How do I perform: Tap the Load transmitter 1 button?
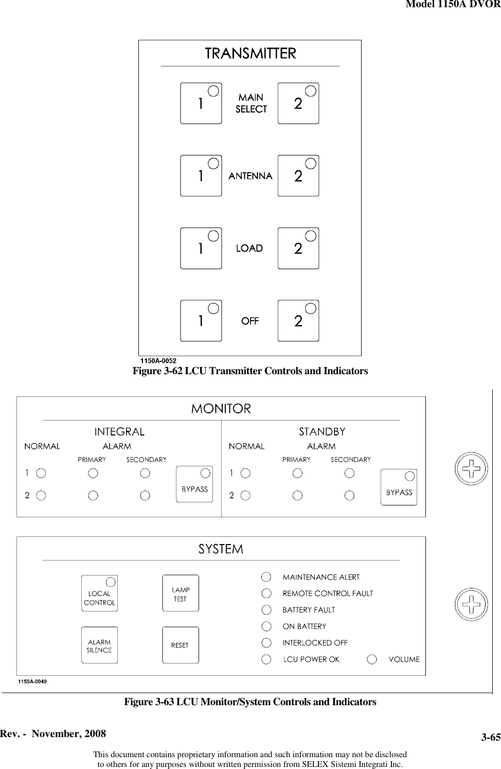click(x=201, y=249)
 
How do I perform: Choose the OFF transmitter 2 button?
click(x=298, y=321)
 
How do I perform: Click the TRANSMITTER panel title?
click(x=251, y=54)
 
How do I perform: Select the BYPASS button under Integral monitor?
click(x=194, y=484)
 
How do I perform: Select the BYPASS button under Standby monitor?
click(x=399, y=487)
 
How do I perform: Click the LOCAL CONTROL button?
click(x=99, y=593)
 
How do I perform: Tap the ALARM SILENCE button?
click(x=99, y=645)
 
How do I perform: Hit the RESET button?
click(x=180, y=645)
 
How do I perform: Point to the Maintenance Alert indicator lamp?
click(x=266, y=577)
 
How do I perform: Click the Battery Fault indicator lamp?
click(x=266, y=610)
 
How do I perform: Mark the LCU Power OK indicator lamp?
click(x=266, y=659)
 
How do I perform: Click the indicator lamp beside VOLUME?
click(x=372, y=659)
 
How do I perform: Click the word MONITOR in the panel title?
click(x=221, y=409)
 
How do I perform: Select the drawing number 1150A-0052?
click(x=159, y=361)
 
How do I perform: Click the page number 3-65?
click(x=491, y=738)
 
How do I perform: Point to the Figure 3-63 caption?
click(x=250, y=702)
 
